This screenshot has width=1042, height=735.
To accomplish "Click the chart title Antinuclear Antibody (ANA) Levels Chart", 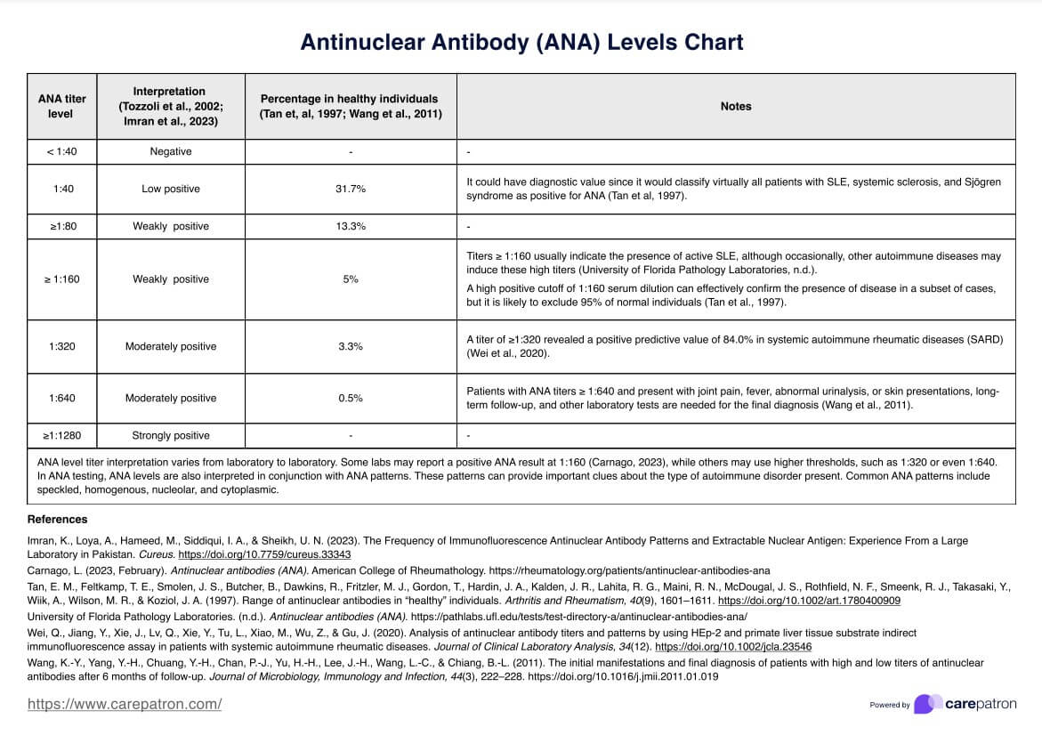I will pos(521,42).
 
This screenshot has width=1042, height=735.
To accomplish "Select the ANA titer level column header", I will pos(61,106).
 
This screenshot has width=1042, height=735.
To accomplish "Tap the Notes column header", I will pos(736,106).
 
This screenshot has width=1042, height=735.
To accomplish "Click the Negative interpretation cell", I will pos(170,151).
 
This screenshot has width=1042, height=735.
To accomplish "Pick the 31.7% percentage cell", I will pos(351,189).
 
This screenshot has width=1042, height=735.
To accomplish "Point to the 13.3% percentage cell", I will pos(351,226).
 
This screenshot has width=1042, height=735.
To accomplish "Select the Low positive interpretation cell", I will pos(170,189).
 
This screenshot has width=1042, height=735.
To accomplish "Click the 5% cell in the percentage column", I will pos(351,279).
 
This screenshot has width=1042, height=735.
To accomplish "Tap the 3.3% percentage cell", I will pos(351,346).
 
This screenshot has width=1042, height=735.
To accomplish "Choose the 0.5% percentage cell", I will pos(351,398).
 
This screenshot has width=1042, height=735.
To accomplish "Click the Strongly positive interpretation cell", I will pos(170,435).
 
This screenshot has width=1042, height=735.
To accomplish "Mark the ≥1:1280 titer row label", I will pos(61,435).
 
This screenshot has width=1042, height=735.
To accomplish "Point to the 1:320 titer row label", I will pos(61,346).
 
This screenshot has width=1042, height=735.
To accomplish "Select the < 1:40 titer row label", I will pos(61,151).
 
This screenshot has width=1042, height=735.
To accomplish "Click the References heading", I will pos(58,519).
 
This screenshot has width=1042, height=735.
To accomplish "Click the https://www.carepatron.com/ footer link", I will pos(125,704).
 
